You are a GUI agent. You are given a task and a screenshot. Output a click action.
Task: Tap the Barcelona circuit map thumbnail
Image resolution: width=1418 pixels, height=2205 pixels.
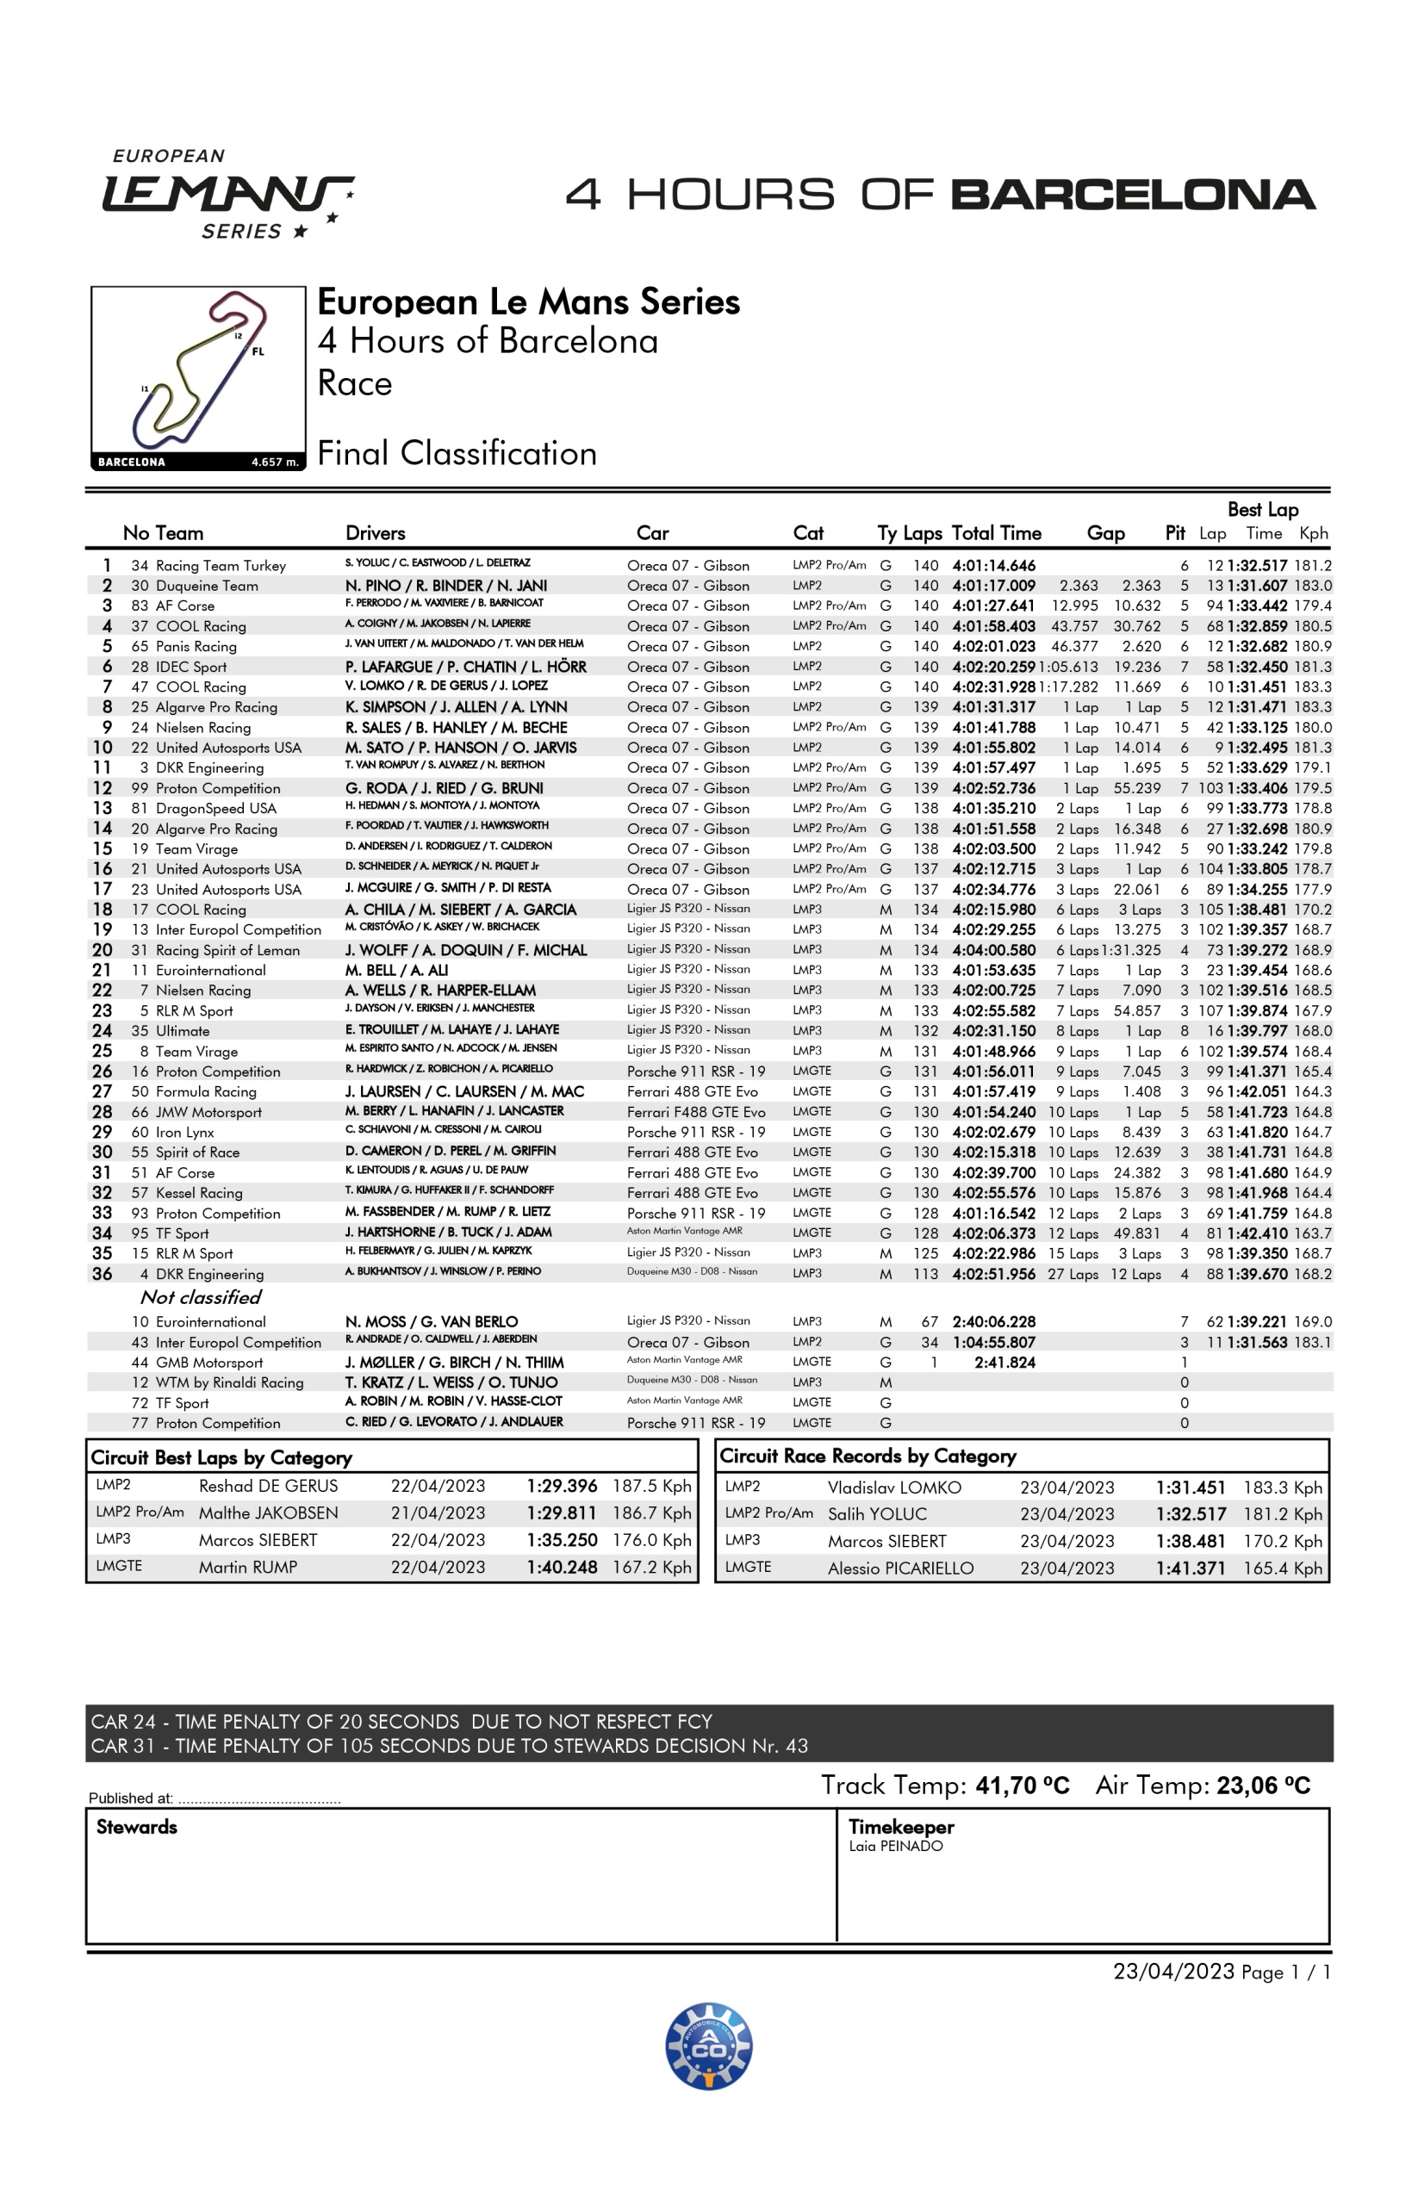pyautogui.click(x=198, y=377)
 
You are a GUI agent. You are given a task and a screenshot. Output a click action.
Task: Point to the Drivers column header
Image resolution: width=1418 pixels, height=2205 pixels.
pyautogui.click(x=375, y=533)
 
